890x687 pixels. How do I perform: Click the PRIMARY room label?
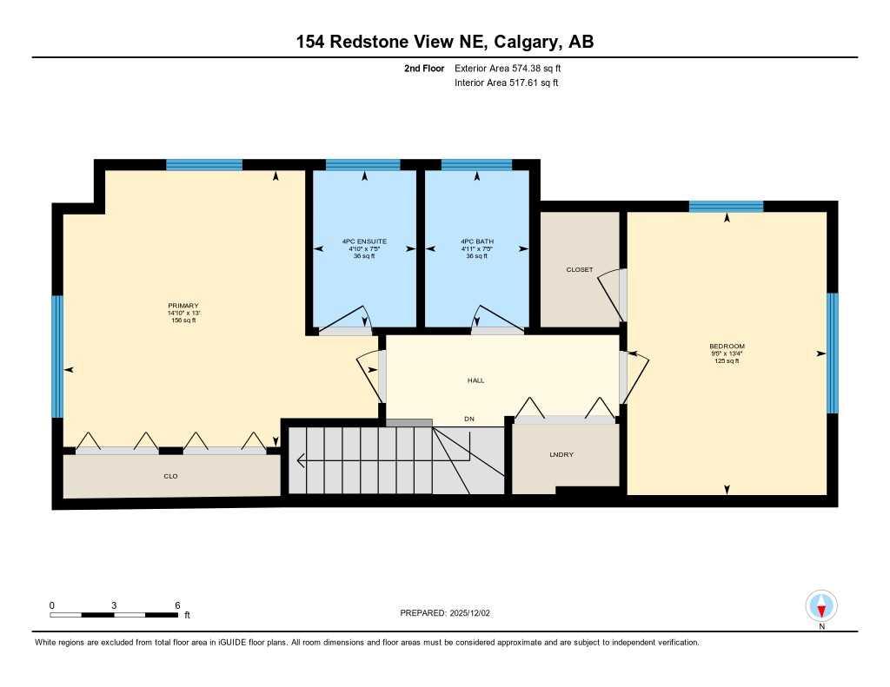[183, 305]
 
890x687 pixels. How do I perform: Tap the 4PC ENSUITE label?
[364, 241]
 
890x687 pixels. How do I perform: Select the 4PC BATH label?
[476, 241]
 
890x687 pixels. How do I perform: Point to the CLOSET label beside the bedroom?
[579, 269]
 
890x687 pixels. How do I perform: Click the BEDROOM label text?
[727, 346]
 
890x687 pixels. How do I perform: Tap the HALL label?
[475, 380]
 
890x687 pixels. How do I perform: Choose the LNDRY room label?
[561, 454]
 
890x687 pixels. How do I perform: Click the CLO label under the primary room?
[170, 476]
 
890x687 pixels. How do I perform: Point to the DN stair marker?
[469, 419]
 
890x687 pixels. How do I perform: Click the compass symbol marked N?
[821, 606]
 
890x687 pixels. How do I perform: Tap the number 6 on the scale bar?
[177, 605]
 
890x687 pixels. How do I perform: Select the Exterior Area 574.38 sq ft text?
[513, 68]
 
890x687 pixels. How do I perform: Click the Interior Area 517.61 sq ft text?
[506, 83]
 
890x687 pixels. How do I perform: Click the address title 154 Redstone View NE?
[445, 42]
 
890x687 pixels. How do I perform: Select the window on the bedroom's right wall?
[832, 353]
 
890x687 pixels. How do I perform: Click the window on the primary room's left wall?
[57, 356]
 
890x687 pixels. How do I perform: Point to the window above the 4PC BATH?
[476, 164]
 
